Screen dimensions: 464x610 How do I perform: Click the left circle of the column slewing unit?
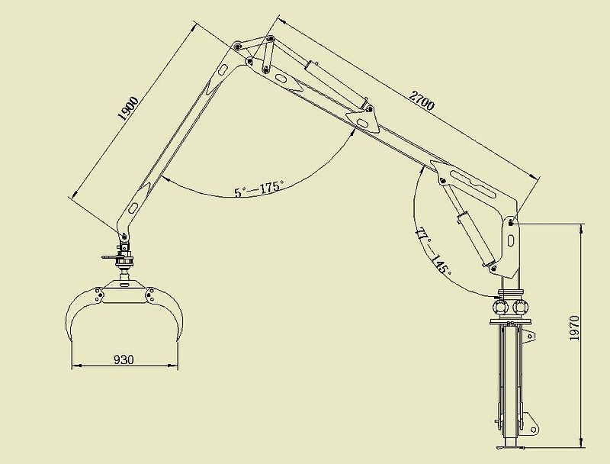(x=500, y=306)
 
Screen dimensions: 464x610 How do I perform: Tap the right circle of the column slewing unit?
(x=522, y=306)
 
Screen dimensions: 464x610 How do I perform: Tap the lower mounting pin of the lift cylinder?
(x=495, y=269)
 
